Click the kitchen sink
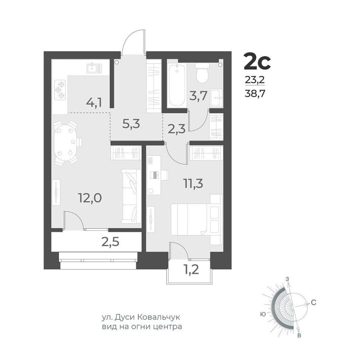point(94,68)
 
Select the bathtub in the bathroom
point(176,85)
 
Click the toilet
point(202,73)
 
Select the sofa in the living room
point(131,196)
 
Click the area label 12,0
point(90,198)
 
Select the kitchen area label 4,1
point(94,103)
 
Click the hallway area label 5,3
point(131,124)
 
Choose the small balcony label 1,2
point(191,270)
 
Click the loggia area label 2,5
point(111,242)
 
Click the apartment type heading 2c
point(257,61)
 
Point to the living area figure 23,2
point(255,80)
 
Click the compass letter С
point(314,303)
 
